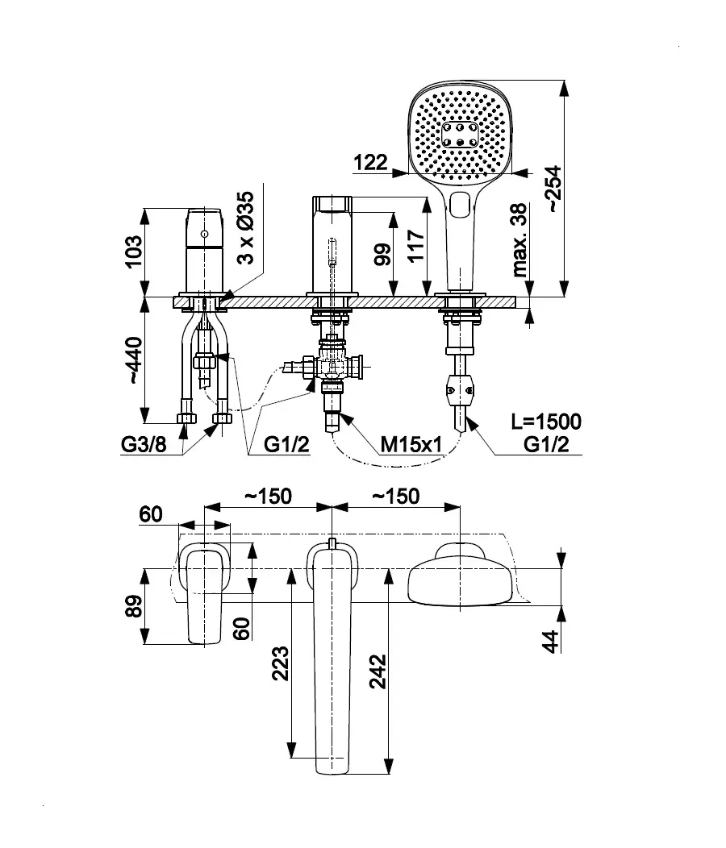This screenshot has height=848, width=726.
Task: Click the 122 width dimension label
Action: coord(370,162)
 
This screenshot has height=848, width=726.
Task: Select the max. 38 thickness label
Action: coord(520,239)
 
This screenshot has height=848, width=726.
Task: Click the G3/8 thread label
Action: coord(143,443)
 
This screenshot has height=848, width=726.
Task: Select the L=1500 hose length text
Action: coord(546,422)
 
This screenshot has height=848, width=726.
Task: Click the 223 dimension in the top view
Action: coord(280,663)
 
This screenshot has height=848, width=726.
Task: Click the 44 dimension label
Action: coord(551,642)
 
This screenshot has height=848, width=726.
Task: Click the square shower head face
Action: coord(461,132)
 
